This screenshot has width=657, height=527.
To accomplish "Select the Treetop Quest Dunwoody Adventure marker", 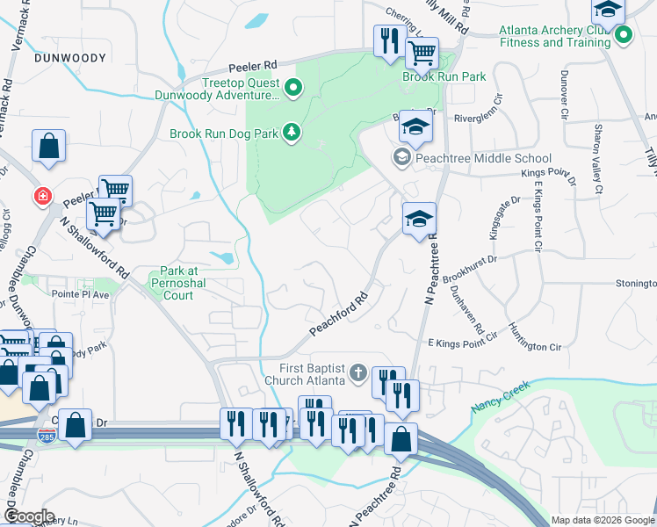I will (x=292, y=87).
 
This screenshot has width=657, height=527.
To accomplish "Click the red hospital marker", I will (x=42, y=195).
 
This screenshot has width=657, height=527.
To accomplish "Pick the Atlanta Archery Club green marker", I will (x=624, y=36).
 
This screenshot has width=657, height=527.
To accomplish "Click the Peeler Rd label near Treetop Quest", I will (x=253, y=65).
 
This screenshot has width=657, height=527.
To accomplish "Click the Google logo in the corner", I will (x=29, y=516).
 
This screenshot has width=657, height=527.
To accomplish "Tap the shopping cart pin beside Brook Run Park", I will (x=422, y=54).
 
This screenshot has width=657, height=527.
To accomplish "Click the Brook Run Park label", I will (x=444, y=77).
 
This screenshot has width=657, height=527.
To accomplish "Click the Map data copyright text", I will (x=603, y=520).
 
